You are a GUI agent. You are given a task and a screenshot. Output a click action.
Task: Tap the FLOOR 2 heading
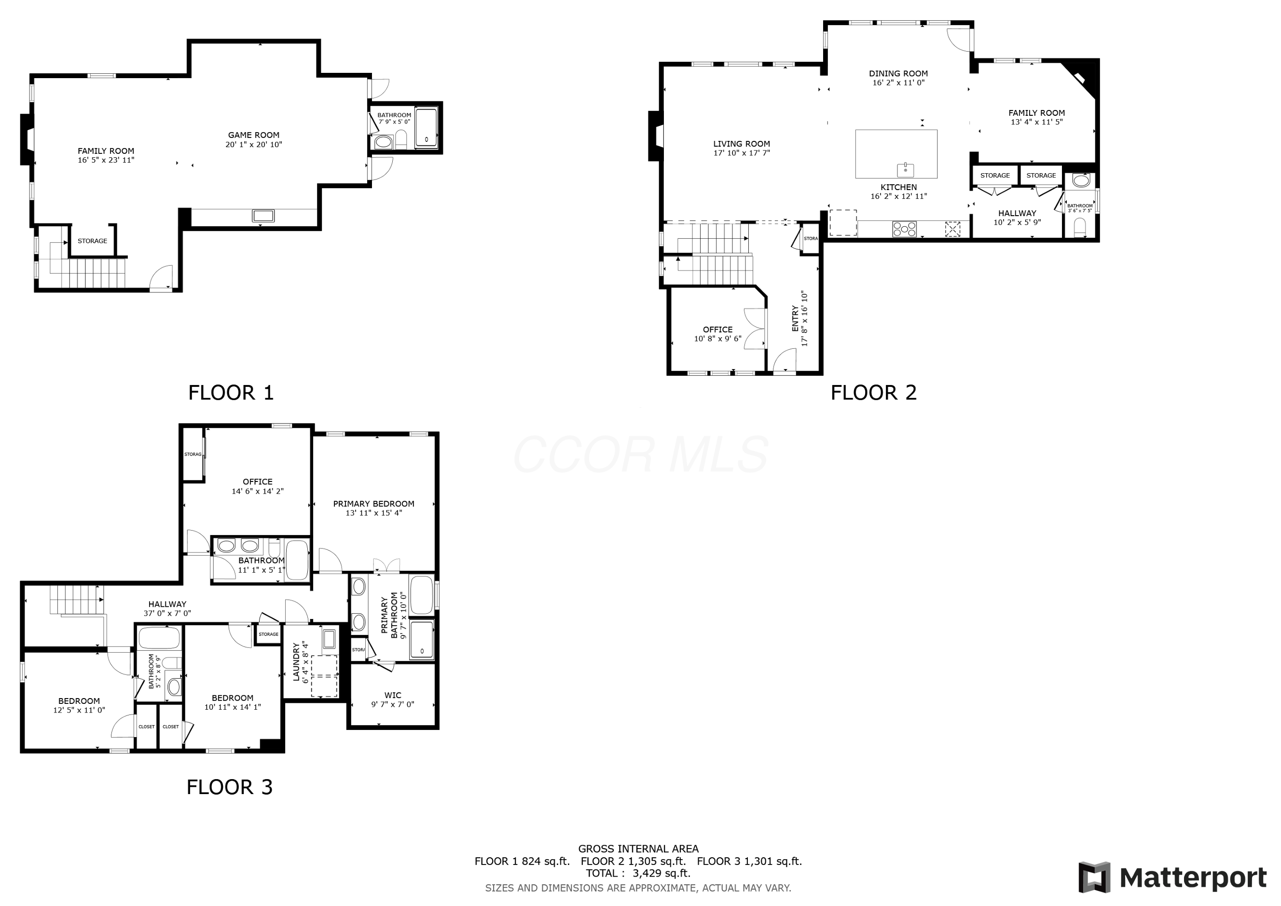pyautogui.click(x=873, y=393)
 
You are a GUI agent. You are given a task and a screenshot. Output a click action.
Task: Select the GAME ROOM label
pyautogui.click(x=253, y=135)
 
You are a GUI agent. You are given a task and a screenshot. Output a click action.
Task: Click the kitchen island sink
pyautogui.click(x=905, y=168)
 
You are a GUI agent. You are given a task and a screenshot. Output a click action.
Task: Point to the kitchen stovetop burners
pyautogui.click(x=904, y=229)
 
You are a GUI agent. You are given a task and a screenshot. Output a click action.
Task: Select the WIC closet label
pyautogui.click(x=392, y=695)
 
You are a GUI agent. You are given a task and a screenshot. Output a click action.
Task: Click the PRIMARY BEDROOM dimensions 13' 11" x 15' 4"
pyautogui.click(x=373, y=513)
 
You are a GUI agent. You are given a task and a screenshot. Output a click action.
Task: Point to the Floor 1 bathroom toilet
pyautogui.click(x=400, y=140)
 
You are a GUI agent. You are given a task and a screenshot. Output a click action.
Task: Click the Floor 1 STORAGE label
pyautogui.click(x=92, y=241)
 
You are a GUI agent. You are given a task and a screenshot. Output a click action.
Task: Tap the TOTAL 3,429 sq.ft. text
pyautogui.click(x=638, y=873)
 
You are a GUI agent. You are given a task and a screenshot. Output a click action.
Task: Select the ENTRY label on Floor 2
pyautogui.click(x=795, y=318)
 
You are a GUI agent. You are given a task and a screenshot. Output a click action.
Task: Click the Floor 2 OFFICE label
pyautogui.click(x=717, y=329)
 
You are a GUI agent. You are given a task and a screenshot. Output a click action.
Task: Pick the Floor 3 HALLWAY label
pyautogui.click(x=167, y=604)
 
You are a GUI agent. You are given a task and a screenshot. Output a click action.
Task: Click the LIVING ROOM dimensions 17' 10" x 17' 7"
pyautogui.click(x=741, y=153)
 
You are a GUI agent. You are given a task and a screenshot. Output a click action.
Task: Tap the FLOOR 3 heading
pyautogui.click(x=229, y=787)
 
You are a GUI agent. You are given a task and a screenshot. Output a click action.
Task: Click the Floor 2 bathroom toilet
pyautogui.click(x=1080, y=228)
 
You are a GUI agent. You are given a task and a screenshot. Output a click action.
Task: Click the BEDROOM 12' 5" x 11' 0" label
pyautogui.click(x=79, y=701)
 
